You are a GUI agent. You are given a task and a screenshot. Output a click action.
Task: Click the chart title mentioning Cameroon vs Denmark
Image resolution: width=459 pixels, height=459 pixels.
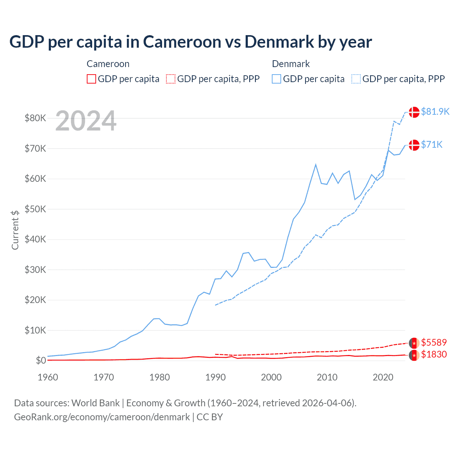click(x=190, y=42)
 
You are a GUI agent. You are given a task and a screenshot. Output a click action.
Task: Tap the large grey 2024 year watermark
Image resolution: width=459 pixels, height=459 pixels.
click(x=86, y=121)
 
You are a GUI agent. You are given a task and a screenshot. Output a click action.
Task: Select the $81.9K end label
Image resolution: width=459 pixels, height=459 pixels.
click(x=435, y=112)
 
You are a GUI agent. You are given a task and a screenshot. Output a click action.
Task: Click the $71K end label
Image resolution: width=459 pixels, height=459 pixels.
click(x=431, y=145)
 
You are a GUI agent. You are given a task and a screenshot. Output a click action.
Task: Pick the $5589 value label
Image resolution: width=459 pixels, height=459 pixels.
click(x=434, y=342)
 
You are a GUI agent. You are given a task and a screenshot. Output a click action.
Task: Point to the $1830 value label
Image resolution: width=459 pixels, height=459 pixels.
click(x=434, y=354)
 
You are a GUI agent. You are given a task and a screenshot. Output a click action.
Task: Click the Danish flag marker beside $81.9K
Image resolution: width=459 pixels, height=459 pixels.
click(x=414, y=112)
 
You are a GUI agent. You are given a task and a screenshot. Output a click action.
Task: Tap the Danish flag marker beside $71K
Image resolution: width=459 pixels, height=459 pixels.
click(x=414, y=145)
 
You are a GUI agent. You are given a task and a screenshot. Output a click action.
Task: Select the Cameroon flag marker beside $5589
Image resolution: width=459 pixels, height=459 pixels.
click(x=414, y=343)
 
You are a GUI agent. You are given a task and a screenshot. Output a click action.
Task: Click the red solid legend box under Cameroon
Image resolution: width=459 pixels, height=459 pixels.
click(x=91, y=79)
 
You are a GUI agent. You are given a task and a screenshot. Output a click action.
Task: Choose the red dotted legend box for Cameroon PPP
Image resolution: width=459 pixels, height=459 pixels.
click(x=171, y=79)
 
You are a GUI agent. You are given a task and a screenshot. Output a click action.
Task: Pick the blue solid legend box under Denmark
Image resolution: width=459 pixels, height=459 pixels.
click(x=276, y=79)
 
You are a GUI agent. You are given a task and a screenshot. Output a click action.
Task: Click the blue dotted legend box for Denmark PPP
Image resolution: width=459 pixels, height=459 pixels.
click(x=356, y=79)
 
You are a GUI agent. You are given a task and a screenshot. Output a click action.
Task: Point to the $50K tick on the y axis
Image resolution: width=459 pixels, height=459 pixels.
click(x=35, y=209)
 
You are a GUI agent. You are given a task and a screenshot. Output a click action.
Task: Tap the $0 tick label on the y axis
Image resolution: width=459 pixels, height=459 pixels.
click(x=41, y=360)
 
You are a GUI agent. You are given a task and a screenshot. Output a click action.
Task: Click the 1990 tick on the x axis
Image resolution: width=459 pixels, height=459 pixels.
click(x=216, y=377)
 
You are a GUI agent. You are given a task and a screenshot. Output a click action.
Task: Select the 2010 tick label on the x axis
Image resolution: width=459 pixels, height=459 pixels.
click(x=327, y=377)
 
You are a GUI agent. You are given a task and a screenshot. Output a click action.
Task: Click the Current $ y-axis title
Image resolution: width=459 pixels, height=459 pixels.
click(x=15, y=230)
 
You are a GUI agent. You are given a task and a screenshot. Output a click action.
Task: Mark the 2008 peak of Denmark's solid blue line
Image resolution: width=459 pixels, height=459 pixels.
click(x=316, y=165)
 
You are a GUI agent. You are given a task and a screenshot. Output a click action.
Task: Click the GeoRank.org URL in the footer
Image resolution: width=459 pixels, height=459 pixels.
click(x=102, y=417)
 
